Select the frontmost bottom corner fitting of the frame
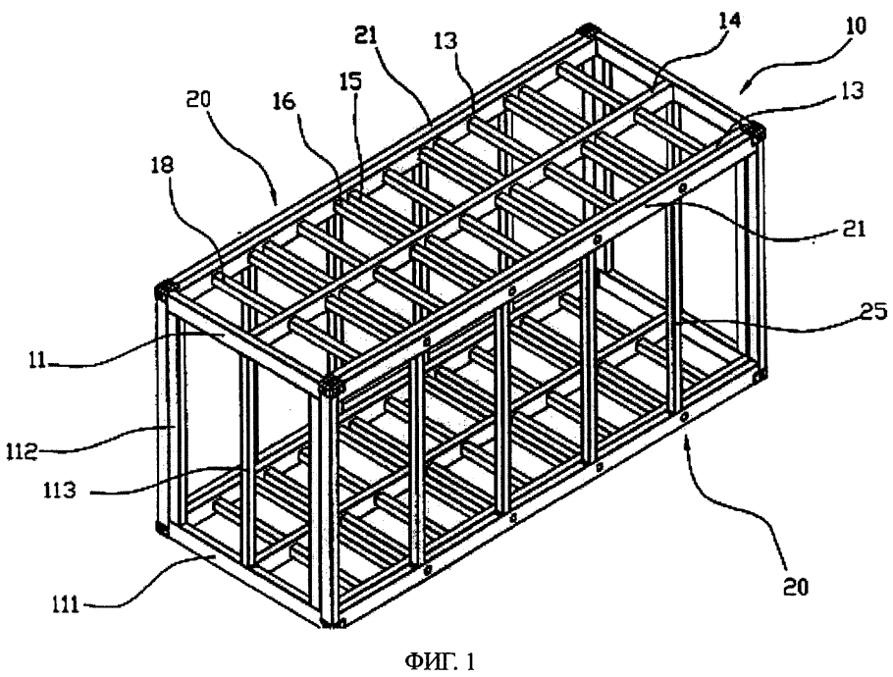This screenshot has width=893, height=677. [x=336, y=622]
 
